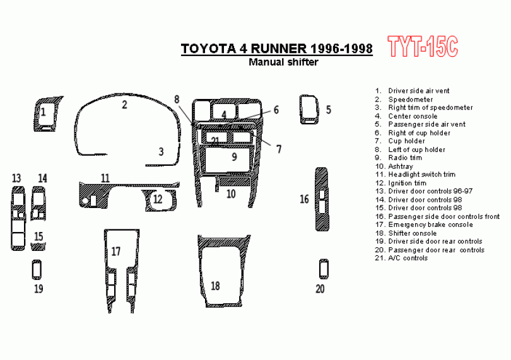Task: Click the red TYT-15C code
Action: click(423, 47)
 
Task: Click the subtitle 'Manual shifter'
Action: click(283, 62)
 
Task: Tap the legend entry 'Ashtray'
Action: click(401, 166)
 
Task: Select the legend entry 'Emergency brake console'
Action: click(430, 224)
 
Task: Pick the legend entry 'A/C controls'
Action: click(408, 258)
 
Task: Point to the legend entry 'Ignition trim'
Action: click(407, 183)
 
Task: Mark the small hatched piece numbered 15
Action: click(38, 247)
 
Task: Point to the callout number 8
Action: click(177, 99)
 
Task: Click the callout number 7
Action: click(279, 149)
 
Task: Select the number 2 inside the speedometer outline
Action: click(124, 105)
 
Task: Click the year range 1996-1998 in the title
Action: click(341, 49)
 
